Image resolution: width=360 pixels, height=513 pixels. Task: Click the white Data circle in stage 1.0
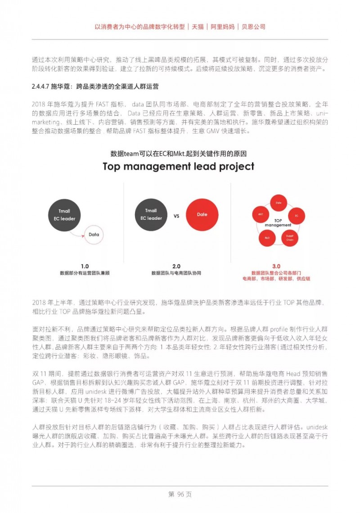tap(94, 235)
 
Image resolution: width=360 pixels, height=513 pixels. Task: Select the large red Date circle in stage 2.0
tap(202, 214)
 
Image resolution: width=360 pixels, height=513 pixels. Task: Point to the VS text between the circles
tap(176, 216)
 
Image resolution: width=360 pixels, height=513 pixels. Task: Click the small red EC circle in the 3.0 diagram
tap(297, 216)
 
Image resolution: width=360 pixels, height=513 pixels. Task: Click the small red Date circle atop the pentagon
tap(279, 203)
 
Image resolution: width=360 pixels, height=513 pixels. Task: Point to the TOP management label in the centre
tap(278, 222)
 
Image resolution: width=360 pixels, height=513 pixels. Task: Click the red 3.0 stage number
tap(276, 266)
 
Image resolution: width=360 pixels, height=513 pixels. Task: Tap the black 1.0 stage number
tap(85, 266)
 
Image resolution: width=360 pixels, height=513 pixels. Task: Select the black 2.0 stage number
tap(176, 266)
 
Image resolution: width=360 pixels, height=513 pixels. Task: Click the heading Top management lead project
tap(179, 166)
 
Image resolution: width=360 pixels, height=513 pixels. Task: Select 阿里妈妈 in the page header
tap(222, 27)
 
